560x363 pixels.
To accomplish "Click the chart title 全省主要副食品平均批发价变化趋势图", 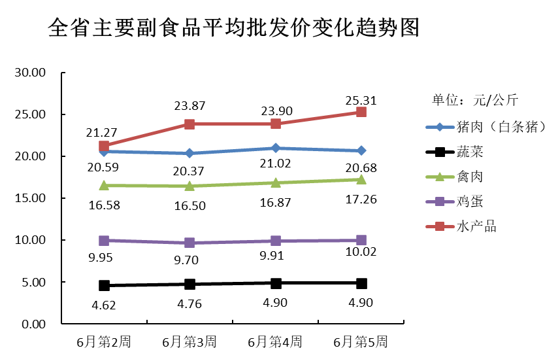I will tap(233, 28).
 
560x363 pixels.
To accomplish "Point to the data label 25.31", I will tap(360, 100).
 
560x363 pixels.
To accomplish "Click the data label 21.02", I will tap(275, 164).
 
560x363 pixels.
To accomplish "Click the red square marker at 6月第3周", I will tap(189, 124).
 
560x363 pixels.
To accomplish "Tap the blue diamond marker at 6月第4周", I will tap(276, 148).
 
